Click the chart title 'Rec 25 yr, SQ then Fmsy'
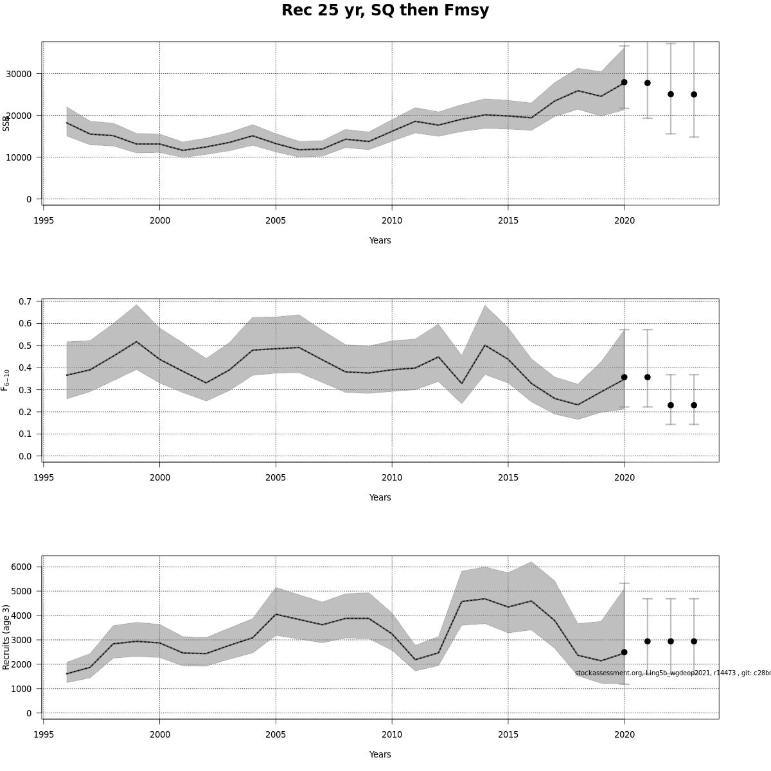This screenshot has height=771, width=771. (x=385, y=11)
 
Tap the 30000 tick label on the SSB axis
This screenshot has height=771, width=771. (x=18, y=74)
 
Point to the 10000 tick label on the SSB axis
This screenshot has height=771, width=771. (x=18, y=157)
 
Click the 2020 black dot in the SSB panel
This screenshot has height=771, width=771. (x=624, y=82)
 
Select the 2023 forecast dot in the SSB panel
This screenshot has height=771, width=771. (x=694, y=94)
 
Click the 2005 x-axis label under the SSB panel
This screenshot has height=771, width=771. (x=276, y=220)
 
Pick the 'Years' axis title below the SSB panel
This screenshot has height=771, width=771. (x=380, y=240)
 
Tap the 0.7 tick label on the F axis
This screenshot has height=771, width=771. (x=26, y=301)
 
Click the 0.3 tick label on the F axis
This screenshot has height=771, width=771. (x=26, y=390)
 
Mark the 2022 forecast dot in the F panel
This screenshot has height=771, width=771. (x=671, y=405)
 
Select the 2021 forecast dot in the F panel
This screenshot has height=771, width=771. (x=648, y=377)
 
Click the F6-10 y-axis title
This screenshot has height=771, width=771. (x=6, y=380)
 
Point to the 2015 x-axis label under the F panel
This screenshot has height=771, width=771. (x=508, y=477)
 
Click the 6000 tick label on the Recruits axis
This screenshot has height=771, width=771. (x=21, y=567)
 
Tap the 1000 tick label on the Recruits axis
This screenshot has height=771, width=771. (x=21, y=689)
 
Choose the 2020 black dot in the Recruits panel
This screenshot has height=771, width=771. (x=624, y=652)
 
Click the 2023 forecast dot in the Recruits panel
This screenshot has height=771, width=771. (x=694, y=641)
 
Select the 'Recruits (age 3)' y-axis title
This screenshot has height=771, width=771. (x=6, y=637)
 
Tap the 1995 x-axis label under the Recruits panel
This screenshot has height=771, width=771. (x=44, y=734)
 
